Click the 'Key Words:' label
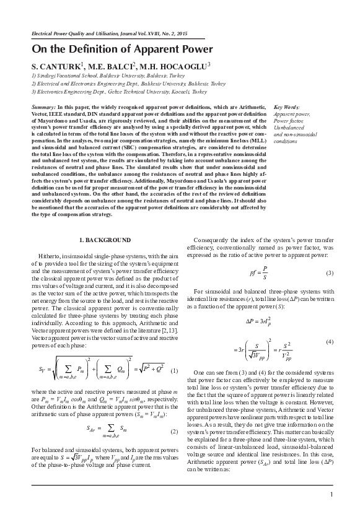tap(286, 107)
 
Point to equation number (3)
tap(330, 274)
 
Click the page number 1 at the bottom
tap(332, 494)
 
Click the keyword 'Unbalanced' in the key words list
tap(289, 127)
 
